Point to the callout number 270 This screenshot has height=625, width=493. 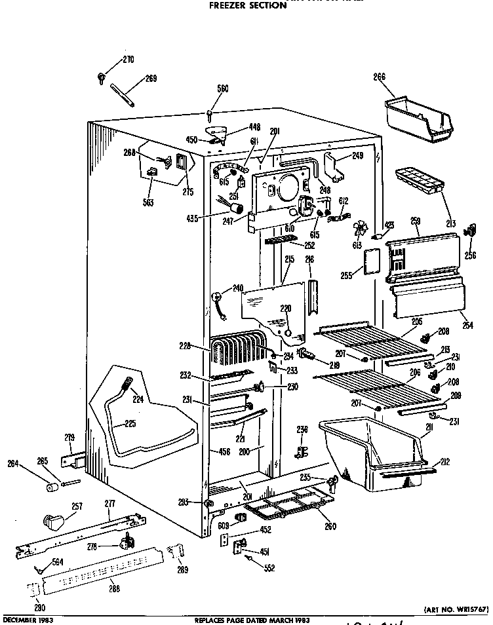pyautogui.click(x=128, y=60)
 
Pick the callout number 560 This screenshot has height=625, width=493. pyautogui.click(x=223, y=89)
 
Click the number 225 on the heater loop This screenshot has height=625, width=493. pyautogui.click(x=130, y=424)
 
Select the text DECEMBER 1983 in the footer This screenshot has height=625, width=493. pyautogui.click(x=28, y=619)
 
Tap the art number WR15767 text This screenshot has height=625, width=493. pyautogui.click(x=455, y=609)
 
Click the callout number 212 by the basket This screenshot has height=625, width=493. pyautogui.click(x=445, y=462)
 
